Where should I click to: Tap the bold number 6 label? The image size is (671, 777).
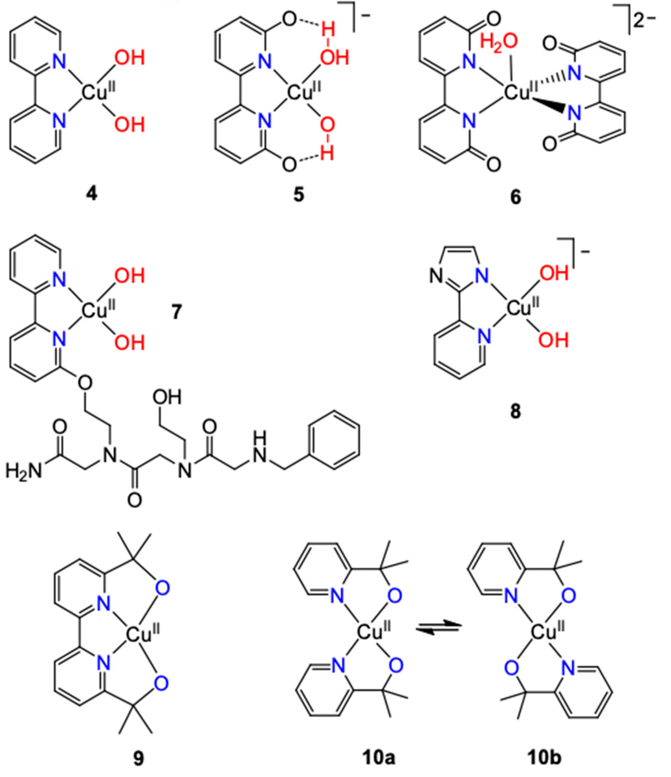516,197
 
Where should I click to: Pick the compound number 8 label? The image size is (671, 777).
516,411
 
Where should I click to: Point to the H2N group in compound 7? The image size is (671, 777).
23,471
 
